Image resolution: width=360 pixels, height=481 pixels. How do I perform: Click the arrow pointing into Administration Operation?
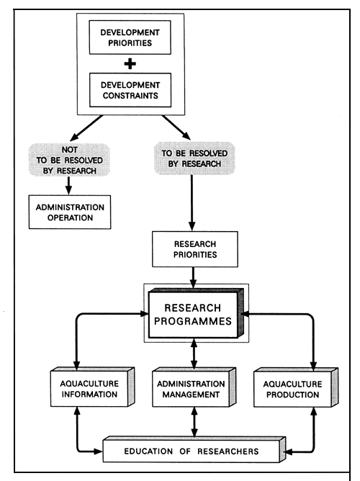pos(70,186)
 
